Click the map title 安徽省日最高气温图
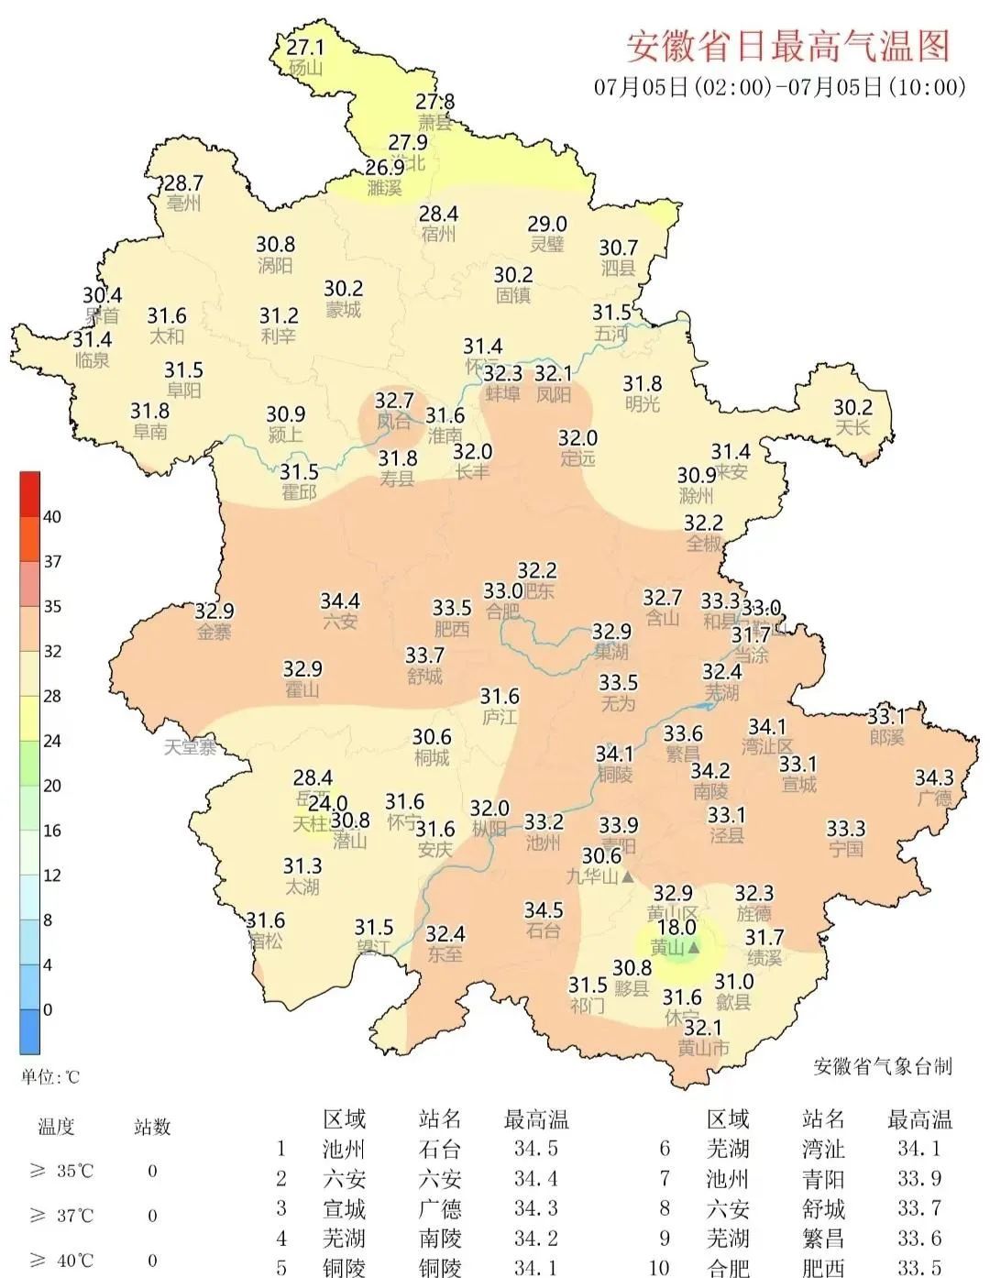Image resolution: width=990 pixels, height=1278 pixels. pyautogui.click(x=787, y=45)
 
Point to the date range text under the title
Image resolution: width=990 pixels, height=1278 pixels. pyautogui.click(x=780, y=87)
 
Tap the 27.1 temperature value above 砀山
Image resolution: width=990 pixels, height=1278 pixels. pyautogui.click(x=305, y=47)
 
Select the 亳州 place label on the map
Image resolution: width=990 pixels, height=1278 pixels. pyautogui.click(x=183, y=204)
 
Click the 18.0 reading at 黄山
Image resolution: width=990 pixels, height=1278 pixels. pyautogui.click(x=676, y=927)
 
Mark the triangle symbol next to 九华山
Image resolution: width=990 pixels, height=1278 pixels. pyautogui.click(x=628, y=877)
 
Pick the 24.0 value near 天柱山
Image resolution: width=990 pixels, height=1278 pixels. pyautogui.click(x=327, y=804)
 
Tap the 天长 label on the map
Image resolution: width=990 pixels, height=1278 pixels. pyautogui.click(x=852, y=428)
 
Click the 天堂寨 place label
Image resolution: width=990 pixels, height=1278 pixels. pyautogui.click(x=190, y=747)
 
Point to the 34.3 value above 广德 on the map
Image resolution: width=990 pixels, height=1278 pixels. pyautogui.click(x=934, y=778)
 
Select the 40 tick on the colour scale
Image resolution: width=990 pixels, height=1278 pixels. pyautogui.click(x=52, y=517)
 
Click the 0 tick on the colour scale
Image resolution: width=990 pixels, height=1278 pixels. pyautogui.click(x=48, y=1009)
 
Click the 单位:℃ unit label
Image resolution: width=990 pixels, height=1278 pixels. pyautogui.click(x=50, y=1076)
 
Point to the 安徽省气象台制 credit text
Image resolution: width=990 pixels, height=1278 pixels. pyautogui.click(x=883, y=1066)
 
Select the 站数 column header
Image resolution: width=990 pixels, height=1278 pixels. pyautogui.click(x=152, y=1127)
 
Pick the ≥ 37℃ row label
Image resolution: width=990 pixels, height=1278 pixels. pyautogui.click(x=62, y=1216)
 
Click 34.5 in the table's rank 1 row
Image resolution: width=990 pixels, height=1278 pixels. pyautogui.click(x=535, y=1149)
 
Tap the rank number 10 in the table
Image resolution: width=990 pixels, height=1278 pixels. pyautogui.click(x=659, y=1268)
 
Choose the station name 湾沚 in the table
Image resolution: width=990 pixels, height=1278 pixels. pyautogui.click(x=823, y=1149)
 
